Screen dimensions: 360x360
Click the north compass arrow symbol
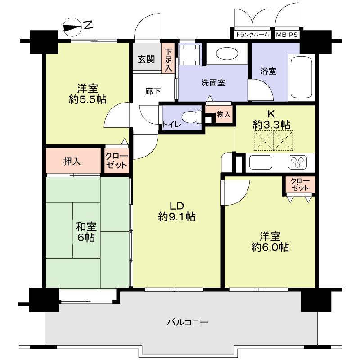coord(72,27)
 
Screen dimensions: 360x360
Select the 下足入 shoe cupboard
coord(168,60)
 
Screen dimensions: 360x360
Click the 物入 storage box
coord(223,114)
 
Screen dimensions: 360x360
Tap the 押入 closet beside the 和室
coord(72,161)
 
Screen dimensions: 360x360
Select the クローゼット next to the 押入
coord(117,161)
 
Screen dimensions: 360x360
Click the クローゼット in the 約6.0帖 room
coord(300,184)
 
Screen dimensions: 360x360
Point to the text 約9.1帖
coord(176,217)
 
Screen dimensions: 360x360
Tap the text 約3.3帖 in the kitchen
coord(271,125)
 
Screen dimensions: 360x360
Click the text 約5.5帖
coord(88,99)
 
